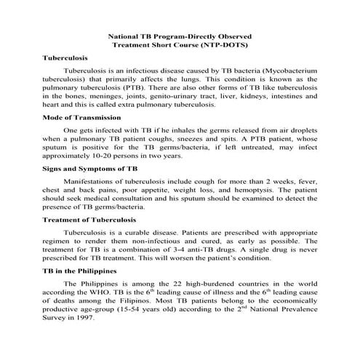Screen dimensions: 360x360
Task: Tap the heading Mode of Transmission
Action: pyautogui.click(x=81, y=117)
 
